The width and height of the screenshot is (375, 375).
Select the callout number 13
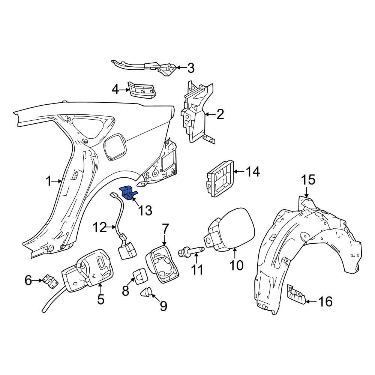145,211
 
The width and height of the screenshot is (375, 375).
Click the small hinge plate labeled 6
49,280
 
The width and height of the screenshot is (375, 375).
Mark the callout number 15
309,180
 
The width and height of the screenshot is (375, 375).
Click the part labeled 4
142,90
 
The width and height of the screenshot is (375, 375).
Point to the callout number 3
190,68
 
